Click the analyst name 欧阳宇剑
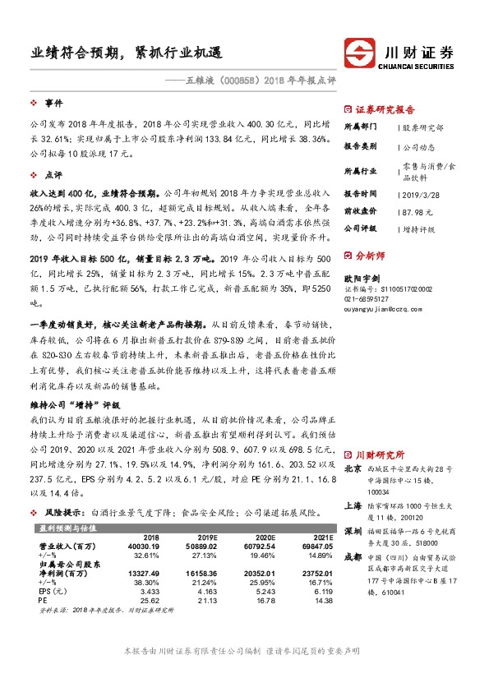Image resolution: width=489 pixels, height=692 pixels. pyautogui.click(x=362, y=279)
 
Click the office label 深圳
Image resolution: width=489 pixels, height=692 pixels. pyautogui.click(x=353, y=531)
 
